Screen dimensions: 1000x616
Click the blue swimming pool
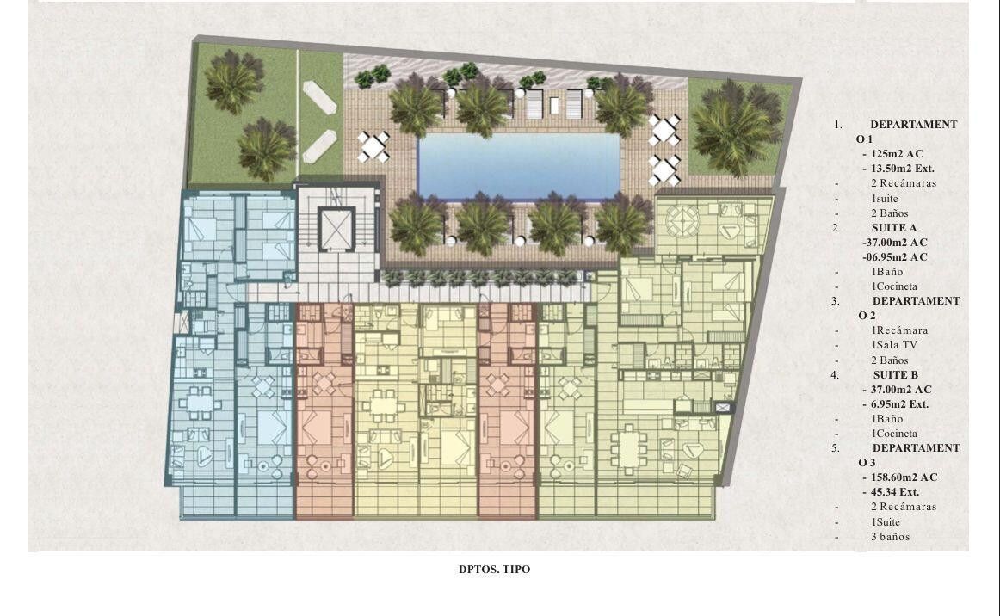tap(518, 166)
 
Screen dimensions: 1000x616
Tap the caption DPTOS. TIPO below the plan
tap(494, 570)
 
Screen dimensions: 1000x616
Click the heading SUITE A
tap(894, 228)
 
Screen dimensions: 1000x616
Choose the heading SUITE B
tap(895, 375)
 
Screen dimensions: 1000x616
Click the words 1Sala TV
tap(894, 345)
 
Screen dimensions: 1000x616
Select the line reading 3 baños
tap(891, 536)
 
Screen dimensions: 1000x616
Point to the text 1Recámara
tap(899, 330)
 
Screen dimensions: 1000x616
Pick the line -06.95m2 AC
tap(895, 257)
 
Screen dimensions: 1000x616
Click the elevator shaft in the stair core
tap(336, 228)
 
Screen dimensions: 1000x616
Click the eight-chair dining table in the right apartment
tap(629, 450)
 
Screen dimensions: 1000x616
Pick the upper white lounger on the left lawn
tap(319, 97)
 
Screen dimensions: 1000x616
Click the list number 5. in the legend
tap(835, 448)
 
